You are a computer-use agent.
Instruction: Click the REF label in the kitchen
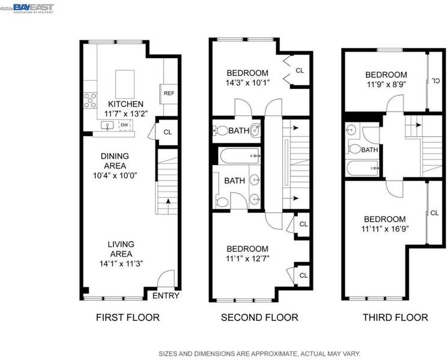click(169, 94)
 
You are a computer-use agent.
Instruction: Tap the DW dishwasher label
click(124, 125)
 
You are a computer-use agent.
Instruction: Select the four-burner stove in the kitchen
click(90, 100)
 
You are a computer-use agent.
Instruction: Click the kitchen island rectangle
click(125, 85)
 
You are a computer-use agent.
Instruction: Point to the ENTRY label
click(166, 296)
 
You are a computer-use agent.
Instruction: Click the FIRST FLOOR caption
click(128, 317)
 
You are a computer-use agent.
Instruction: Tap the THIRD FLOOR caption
click(395, 317)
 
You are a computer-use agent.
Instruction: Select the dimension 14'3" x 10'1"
click(247, 83)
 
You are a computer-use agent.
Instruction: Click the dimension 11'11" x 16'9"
click(385, 229)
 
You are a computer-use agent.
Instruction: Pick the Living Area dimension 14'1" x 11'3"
click(121, 264)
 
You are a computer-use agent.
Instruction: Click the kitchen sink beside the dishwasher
click(107, 125)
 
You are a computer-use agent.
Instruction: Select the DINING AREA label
click(115, 161)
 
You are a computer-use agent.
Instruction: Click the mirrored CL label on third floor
click(436, 81)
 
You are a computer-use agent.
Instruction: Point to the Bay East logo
click(34, 8)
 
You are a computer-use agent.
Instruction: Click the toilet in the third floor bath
click(354, 149)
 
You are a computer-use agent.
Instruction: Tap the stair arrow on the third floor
click(414, 125)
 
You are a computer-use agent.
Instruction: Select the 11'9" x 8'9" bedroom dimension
click(386, 85)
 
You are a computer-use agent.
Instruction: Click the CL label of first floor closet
click(168, 132)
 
